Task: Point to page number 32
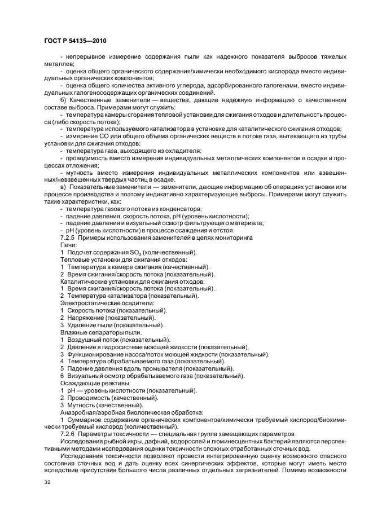click(x=47, y=482)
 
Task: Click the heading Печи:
click(x=68, y=245)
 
